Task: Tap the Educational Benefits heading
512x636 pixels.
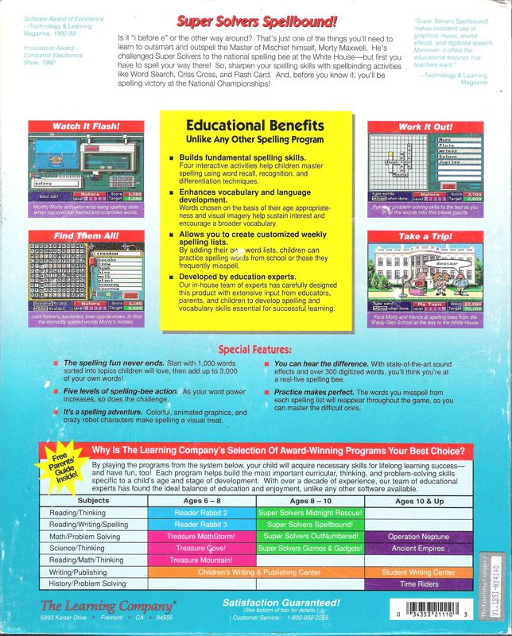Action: [254, 126]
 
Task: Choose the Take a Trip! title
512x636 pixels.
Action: [425, 236]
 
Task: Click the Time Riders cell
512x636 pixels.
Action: [419, 584]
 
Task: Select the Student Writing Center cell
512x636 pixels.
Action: [419, 572]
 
